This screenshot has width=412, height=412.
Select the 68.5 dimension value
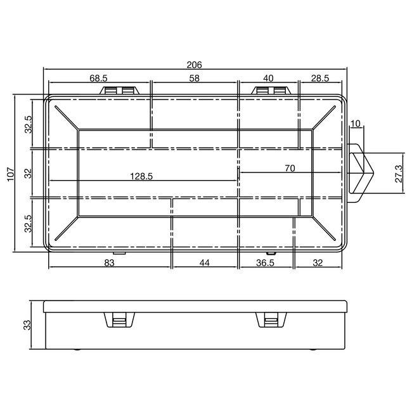(x=98, y=78)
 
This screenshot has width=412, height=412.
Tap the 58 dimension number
(x=194, y=78)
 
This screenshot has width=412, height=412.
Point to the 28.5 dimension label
(x=321, y=78)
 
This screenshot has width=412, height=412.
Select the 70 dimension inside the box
(x=290, y=168)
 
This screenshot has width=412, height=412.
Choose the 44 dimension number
(x=205, y=263)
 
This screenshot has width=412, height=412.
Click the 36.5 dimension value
(x=265, y=263)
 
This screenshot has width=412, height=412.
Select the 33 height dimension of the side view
(x=27, y=325)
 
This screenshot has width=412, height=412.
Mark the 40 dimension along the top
(x=267, y=78)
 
